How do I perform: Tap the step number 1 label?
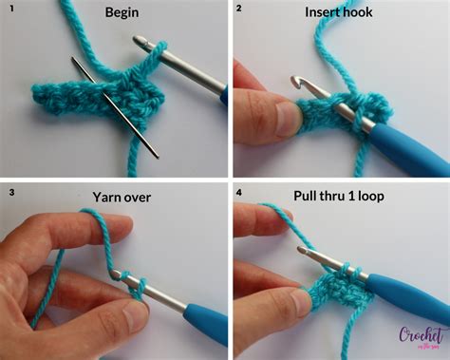[9, 10]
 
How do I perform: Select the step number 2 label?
[238, 9]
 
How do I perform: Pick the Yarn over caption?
[122, 198]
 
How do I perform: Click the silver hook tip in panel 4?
[302, 253]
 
